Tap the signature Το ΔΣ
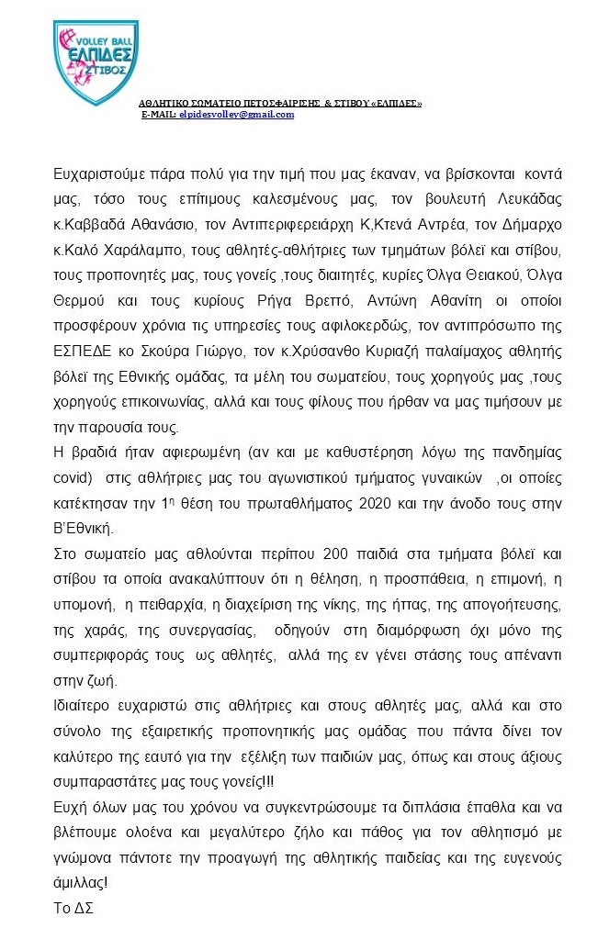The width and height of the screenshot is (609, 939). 73,908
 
